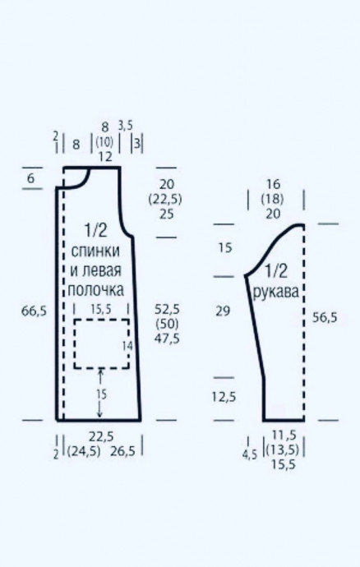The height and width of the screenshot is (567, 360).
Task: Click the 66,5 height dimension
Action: [34, 311]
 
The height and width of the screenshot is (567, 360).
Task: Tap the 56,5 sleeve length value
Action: [324, 317]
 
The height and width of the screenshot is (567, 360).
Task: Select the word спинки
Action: [95, 251]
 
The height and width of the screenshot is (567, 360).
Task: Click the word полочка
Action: [96, 289]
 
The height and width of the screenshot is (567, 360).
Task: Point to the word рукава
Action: [276, 292]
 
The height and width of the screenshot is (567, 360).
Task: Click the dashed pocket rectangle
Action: [102, 320]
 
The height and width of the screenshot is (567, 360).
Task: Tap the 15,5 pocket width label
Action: [101, 309]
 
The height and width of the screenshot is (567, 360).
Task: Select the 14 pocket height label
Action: [127, 346]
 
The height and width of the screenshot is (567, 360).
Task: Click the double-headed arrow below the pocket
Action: [100, 394]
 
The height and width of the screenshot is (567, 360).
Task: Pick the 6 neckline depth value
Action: [30, 178]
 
